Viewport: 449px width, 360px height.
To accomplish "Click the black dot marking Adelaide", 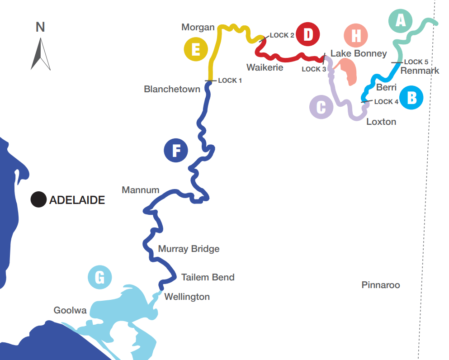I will (38, 199).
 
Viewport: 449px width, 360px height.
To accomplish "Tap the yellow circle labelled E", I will (195, 49).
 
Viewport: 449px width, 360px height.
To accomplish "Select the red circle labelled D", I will (308, 34).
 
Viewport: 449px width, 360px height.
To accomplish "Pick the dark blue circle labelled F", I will (175, 150).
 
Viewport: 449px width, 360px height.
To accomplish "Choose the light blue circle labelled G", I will (100, 277).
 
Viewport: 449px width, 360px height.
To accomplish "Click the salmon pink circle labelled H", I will (356, 35).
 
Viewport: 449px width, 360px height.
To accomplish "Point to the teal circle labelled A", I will (400, 20).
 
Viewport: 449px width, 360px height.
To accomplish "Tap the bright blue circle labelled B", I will (411, 97).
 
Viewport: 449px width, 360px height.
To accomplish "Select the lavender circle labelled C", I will (321, 108).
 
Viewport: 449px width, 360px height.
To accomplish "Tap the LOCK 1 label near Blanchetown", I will (230, 81).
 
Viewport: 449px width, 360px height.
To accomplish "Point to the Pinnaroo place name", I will (381, 285).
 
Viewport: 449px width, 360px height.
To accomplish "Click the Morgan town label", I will (198, 27).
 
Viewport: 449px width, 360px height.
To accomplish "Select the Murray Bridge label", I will (189, 249).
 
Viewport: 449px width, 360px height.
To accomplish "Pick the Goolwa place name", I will (70, 310).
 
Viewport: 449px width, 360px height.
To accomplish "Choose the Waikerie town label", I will (265, 67).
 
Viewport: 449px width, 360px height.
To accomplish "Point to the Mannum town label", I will (141, 190).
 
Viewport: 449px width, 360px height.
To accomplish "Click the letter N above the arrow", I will (40, 27).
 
